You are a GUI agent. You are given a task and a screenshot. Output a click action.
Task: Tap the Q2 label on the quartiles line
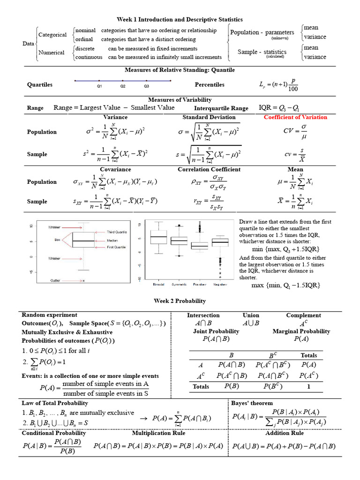123,86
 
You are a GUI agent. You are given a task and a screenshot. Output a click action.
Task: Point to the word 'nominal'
85,30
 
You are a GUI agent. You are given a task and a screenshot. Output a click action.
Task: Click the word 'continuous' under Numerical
89,57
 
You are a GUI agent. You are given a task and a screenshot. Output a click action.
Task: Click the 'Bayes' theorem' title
252,403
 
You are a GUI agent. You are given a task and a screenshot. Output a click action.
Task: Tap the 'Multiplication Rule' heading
158,433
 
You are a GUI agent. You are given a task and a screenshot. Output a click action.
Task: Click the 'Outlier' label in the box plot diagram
55,280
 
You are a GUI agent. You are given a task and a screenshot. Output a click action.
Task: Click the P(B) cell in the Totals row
230,386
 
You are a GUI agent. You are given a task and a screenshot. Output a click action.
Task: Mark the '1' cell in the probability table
308,387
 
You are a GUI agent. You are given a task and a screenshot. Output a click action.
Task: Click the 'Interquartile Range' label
221,108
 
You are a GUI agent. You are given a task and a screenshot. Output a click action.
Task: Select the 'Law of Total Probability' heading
55,403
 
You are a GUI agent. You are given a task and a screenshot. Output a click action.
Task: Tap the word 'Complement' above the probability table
303,315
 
